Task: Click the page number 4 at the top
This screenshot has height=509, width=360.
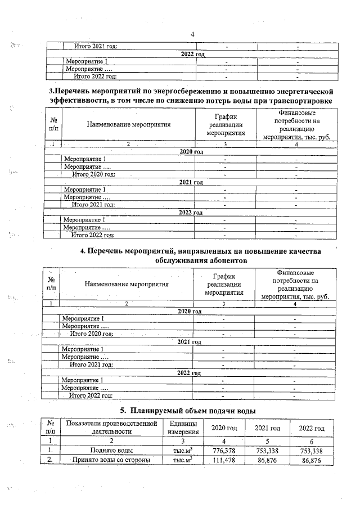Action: [x=192, y=35]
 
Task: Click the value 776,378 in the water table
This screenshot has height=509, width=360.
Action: [x=224, y=451]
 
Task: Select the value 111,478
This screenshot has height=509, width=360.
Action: [x=224, y=461]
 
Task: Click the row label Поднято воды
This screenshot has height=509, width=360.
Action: [x=111, y=451]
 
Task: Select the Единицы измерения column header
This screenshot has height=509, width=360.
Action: [x=183, y=427]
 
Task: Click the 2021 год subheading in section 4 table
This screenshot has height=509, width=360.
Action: [x=190, y=342]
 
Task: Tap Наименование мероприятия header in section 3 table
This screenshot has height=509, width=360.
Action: [x=129, y=125]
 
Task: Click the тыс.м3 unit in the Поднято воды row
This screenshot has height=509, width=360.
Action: [x=183, y=451]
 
